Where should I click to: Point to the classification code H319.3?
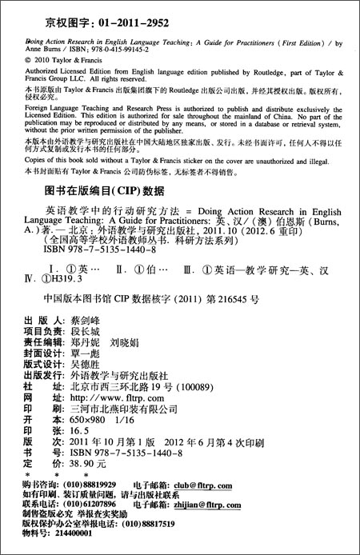coord(73,300)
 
